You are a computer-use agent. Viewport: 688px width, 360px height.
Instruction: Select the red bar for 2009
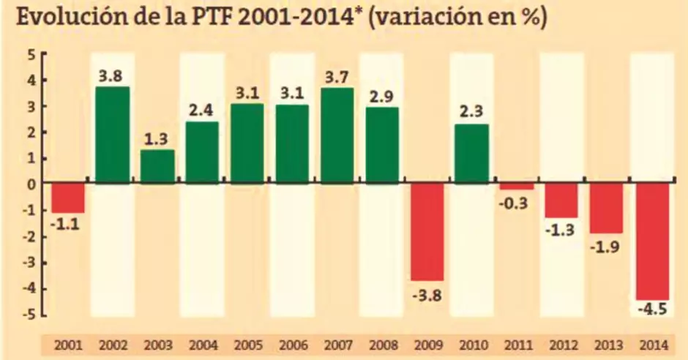click(x=427, y=232)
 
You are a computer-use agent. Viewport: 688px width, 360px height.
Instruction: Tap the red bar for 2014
click(x=651, y=241)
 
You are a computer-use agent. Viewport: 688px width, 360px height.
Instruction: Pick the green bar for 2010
click(x=471, y=154)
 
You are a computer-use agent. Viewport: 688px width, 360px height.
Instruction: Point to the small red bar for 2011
click(x=517, y=187)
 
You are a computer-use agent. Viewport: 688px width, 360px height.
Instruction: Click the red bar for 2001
click(x=67, y=198)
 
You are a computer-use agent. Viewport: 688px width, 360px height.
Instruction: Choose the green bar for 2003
click(x=157, y=167)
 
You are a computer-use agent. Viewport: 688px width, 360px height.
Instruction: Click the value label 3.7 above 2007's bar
click(x=337, y=75)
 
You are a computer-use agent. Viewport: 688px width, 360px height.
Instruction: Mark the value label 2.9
click(x=382, y=96)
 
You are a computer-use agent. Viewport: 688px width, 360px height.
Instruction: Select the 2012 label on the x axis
click(x=561, y=345)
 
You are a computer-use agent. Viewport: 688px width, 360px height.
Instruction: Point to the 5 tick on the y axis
click(x=31, y=55)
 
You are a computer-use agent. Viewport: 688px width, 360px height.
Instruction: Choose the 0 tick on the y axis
click(x=31, y=184)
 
